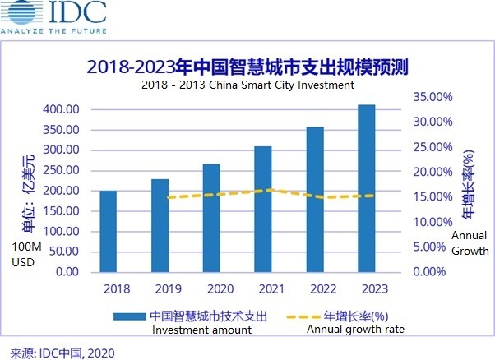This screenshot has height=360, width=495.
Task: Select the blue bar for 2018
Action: (107, 231)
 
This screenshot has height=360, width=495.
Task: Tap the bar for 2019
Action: (160, 225)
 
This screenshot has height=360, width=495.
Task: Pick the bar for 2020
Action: (211, 218)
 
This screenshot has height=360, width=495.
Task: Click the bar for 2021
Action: (263, 209)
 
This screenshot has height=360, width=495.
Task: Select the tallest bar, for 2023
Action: (367, 188)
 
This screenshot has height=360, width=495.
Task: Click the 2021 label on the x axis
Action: (263, 289)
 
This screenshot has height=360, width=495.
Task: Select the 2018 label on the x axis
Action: (107, 289)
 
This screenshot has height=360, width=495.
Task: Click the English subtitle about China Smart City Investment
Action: (247, 84)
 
